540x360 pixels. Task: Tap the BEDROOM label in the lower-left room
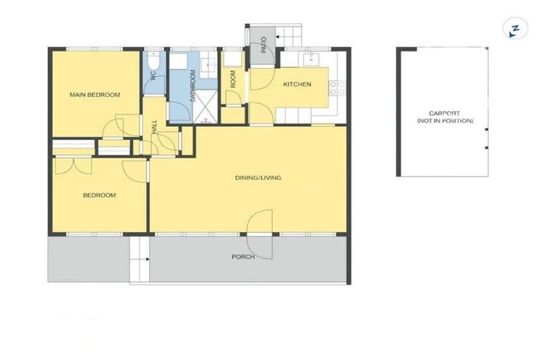tap(99, 195)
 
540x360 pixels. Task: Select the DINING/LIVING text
tap(257, 178)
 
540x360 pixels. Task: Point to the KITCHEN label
tap(297, 84)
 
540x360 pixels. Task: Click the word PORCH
tap(243, 257)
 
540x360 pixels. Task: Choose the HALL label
tap(154, 127)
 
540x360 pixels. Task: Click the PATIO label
tap(262, 45)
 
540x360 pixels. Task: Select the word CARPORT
tap(444, 114)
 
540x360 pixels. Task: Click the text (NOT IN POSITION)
tap(444, 122)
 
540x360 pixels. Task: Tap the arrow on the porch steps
tap(146, 259)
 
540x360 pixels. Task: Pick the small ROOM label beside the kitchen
tap(233, 79)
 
